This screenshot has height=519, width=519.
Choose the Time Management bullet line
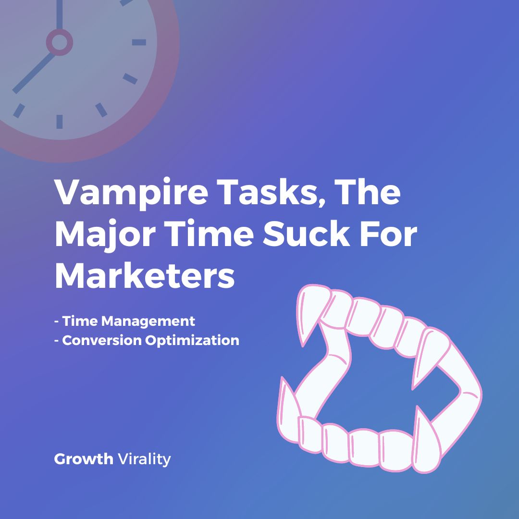pyautogui.click(x=124, y=321)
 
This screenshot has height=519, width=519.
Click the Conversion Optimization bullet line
pyautogui.click(x=147, y=340)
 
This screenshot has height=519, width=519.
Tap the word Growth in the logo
pyautogui.click(x=83, y=459)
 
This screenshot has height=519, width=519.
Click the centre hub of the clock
pyautogui.click(x=59, y=42)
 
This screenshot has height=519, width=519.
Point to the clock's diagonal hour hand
pyautogui.click(x=34, y=72)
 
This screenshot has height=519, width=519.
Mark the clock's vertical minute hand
pyautogui.click(x=59, y=14)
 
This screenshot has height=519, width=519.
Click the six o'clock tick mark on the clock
pyautogui.click(x=59, y=121)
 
